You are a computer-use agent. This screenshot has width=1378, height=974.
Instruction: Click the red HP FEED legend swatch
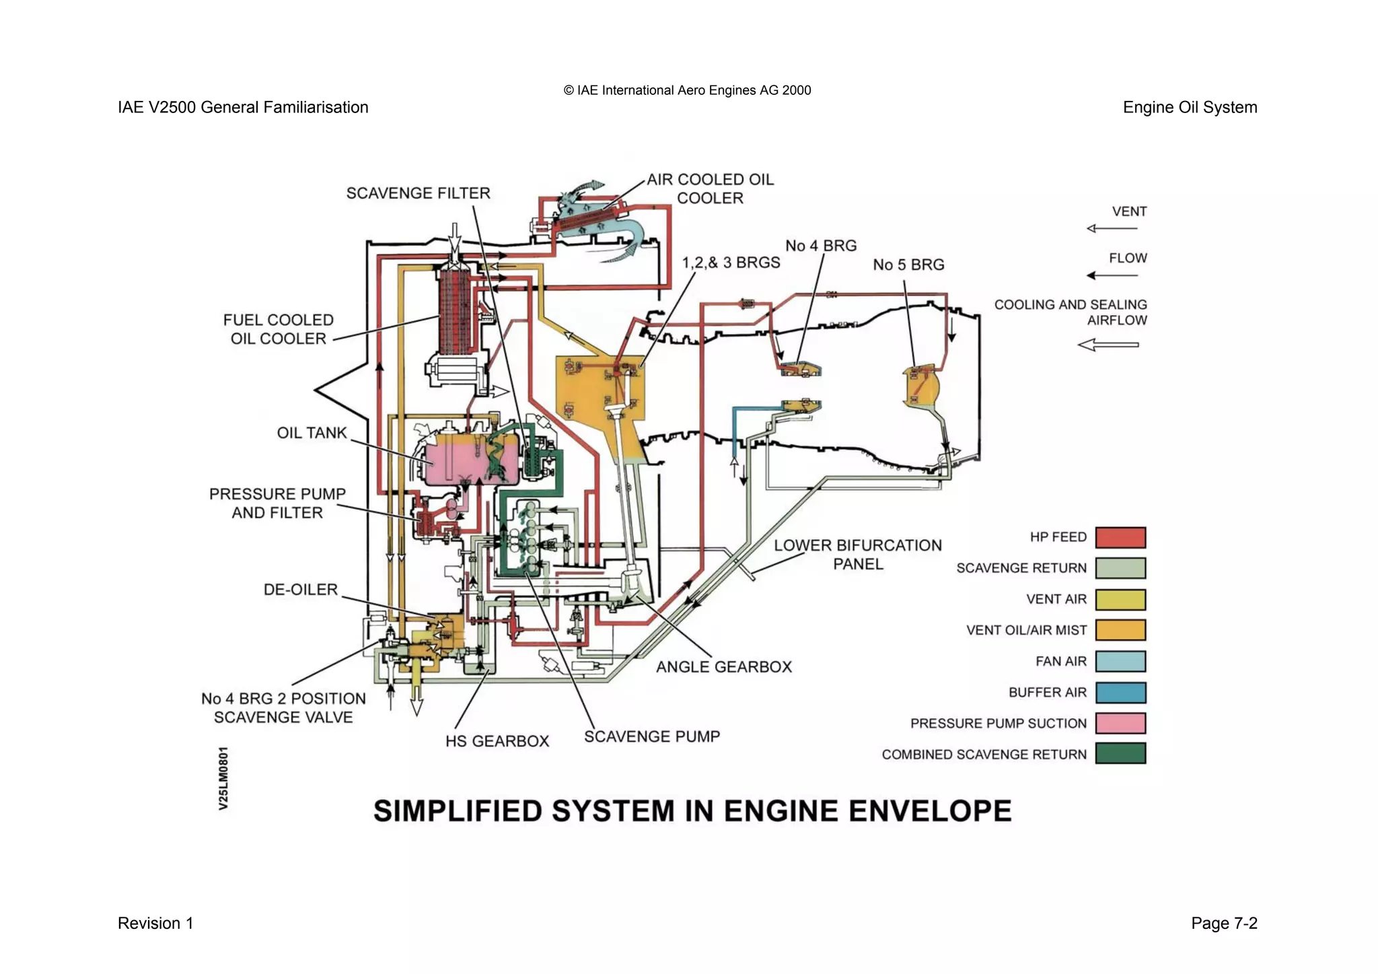(x=1120, y=537)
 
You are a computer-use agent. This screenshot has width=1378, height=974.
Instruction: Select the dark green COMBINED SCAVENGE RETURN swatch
(x=1120, y=753)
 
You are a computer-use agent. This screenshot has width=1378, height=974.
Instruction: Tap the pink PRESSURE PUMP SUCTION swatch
(x=1120, y=723)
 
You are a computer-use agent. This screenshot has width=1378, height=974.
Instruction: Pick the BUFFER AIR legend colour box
(x=1120, y=692)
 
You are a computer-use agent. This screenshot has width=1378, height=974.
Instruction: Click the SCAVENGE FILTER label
(x=418, y=193)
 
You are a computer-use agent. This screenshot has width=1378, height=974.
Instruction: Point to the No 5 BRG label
(x=908, y=265)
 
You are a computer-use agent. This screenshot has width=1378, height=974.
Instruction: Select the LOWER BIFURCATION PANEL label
(x=857, y=555)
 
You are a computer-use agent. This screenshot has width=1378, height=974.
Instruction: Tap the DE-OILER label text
(x=300, y=590)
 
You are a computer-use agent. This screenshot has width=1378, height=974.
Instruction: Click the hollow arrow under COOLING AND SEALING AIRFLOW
(x=1108, y=345)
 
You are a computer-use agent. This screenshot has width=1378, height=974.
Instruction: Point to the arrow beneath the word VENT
(x=1112, y=229)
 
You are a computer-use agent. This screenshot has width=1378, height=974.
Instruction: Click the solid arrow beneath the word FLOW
(x=1112, y=275)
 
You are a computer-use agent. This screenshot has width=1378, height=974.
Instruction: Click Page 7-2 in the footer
(x=1223, y=923)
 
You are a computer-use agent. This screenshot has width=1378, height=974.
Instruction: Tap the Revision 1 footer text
(x=155, y=923)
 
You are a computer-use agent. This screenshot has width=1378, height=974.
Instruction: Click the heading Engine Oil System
(x=1189, y=108)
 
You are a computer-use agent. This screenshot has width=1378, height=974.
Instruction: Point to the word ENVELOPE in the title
(x=930, y=811)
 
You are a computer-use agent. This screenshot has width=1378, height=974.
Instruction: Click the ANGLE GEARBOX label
(x=723, y=667)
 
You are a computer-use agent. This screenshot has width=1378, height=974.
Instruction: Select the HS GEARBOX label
(x=497, y=741)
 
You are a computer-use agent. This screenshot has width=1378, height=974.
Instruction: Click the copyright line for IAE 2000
(x=687, y=90)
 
